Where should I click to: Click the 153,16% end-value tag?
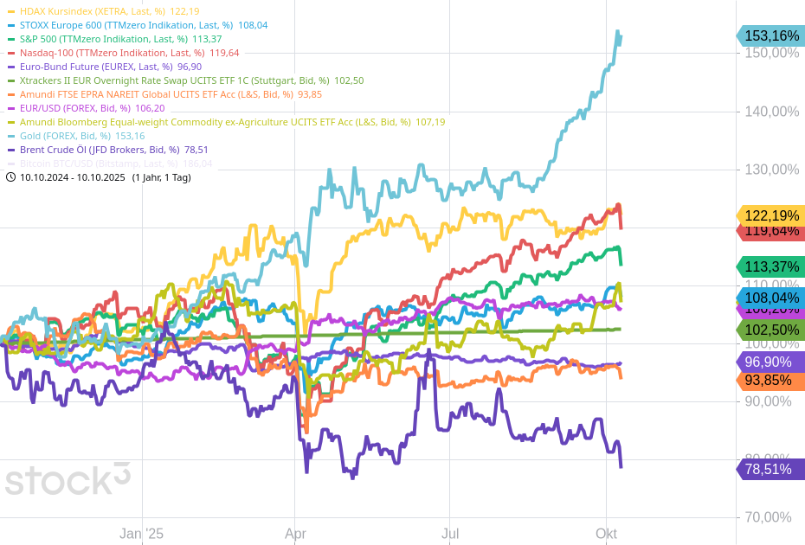click(x=770, y=35)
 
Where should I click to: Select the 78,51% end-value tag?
click(x=770, y=469)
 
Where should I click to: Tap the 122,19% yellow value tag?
click(x=770, y=215)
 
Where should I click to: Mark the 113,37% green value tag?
click(x=770, y=266)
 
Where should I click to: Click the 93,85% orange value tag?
click(x=770, y=381)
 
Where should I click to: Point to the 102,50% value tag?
click(x=770, y=330)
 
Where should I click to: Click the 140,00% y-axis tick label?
click(x=772, y=111)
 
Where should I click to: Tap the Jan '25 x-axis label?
click(x=141, y=534)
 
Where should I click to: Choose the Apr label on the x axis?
click(x=295, y=534)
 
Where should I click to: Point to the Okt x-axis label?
click(x=606, y=534)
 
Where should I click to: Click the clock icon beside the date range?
click(x=10, y=177)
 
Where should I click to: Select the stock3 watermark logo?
click(x=68, y=478)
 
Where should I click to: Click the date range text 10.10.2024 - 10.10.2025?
click(x=73, y=177)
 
